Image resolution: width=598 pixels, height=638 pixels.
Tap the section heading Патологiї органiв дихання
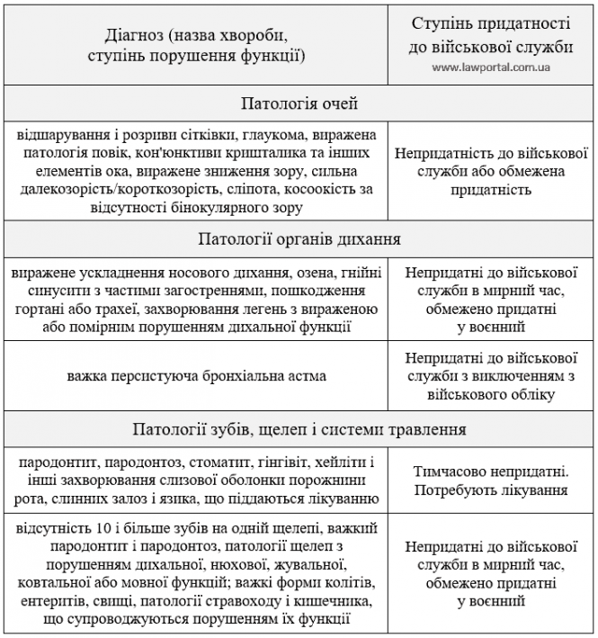tap(299, 239)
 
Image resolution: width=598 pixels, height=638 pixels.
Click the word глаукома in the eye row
tap(272, 135)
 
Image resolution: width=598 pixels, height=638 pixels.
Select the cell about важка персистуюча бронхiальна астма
tap(196, 375)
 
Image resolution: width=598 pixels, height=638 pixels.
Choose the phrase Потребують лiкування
tap(491, 490)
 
